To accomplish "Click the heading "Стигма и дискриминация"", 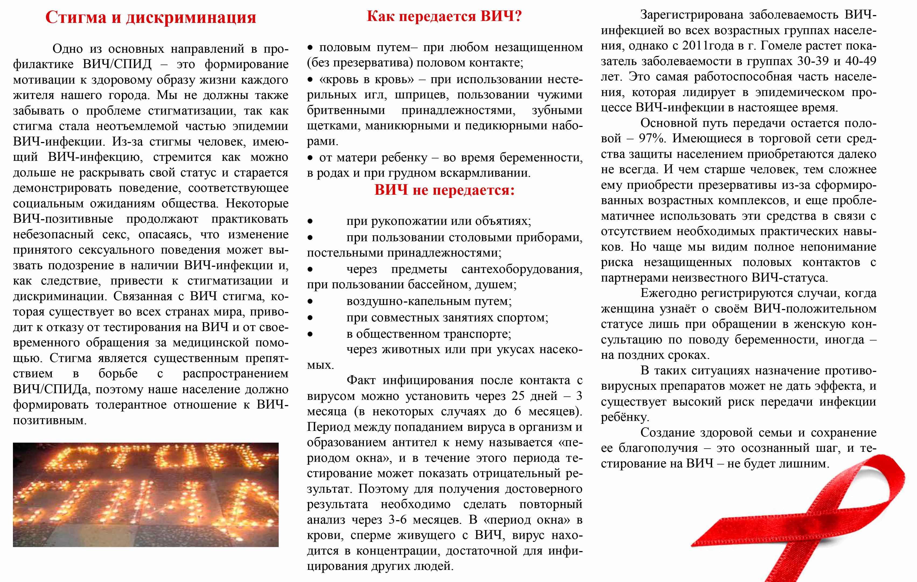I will point(150,17).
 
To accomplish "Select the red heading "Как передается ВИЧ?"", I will point(444,16).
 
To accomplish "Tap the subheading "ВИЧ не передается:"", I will point(444,190).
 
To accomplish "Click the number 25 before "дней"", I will point(518,396).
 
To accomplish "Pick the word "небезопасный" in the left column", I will point(53,234).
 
